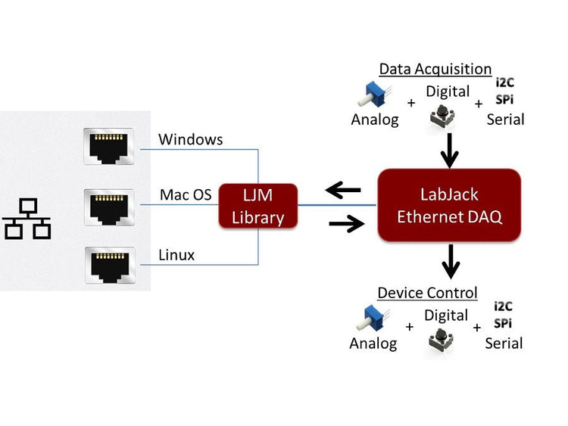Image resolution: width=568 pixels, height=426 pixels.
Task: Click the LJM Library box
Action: pyautogui.click(x=258, y=207)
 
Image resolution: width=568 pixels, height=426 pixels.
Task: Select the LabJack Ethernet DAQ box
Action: pyautogui.click(x=449, y=205)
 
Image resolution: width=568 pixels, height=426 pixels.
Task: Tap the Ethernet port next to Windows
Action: pyautogui.click(x=108, y=147)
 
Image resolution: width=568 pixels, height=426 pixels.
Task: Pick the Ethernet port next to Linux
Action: pyautogui.click(x=108, y=266)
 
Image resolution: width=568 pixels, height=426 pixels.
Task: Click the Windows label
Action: pyautogui.click(x=190, y=140)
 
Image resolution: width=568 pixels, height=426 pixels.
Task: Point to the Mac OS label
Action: pyautogui.click(x=186, y=195)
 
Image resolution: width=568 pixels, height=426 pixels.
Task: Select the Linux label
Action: pyautogui.click(x=176, y=255)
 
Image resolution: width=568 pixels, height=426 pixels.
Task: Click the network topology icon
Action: pyautogui.click(x=27, y=219)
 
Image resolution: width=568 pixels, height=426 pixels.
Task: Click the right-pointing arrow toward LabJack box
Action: pyautogui.click(x=346, y=223)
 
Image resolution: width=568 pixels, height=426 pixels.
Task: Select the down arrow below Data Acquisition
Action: pyautogui.click(x=450, y=151)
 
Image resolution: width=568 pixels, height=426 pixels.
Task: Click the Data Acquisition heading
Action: pyautogui.click(x=435, y=69)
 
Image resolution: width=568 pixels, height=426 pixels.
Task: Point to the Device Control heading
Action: pyautogui.click(x=427, y=293)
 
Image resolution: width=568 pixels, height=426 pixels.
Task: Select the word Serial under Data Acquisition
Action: pyautogui.click(x=505, y=119)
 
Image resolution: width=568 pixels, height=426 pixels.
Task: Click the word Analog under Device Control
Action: pyautogui.click(x=373, y=344)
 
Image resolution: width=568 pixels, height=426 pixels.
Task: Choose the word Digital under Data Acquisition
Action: pyautogui.click(x=448, y=92)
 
